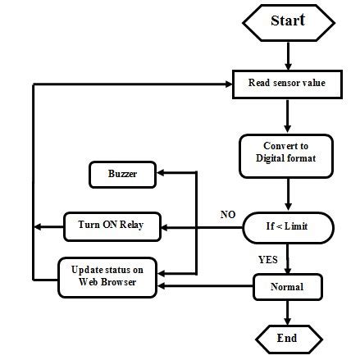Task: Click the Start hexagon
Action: pos(288,21)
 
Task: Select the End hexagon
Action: pos(287,338)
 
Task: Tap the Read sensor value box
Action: pos(287,83)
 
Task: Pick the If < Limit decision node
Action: pos(287,226)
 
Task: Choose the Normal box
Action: pos(287,287)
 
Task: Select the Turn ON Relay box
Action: pos(112,226)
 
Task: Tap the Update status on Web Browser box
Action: pos(107,276)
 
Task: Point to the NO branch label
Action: pos(227,215)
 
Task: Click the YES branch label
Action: pos(267,260)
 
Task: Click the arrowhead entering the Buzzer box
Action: pos(162,174)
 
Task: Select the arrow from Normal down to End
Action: pos(288,312)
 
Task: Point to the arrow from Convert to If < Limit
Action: pos(288,194)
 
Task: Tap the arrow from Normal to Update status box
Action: pos(205,285)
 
